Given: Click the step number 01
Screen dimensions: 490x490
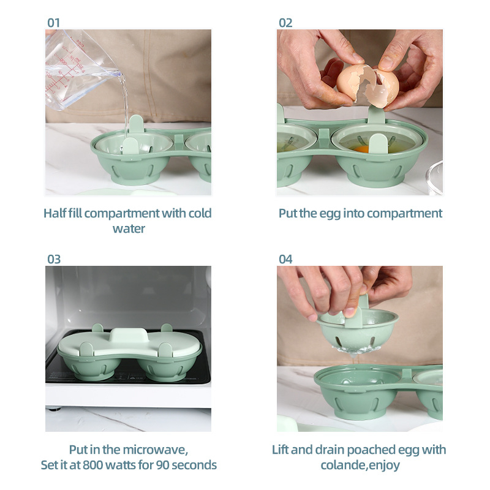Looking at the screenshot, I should point(54,23).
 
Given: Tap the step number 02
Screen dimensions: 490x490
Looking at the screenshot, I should point(285,23).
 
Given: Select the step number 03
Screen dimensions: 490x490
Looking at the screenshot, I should point(54,259).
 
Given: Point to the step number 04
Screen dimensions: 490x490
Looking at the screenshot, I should point(285,259).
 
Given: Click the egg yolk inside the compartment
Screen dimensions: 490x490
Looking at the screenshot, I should point(361,148).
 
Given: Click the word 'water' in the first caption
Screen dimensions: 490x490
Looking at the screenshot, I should point(129,228).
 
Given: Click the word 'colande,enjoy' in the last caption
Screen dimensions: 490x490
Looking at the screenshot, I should point(360,465).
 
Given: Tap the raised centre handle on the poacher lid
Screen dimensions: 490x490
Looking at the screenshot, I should point(128,336).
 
